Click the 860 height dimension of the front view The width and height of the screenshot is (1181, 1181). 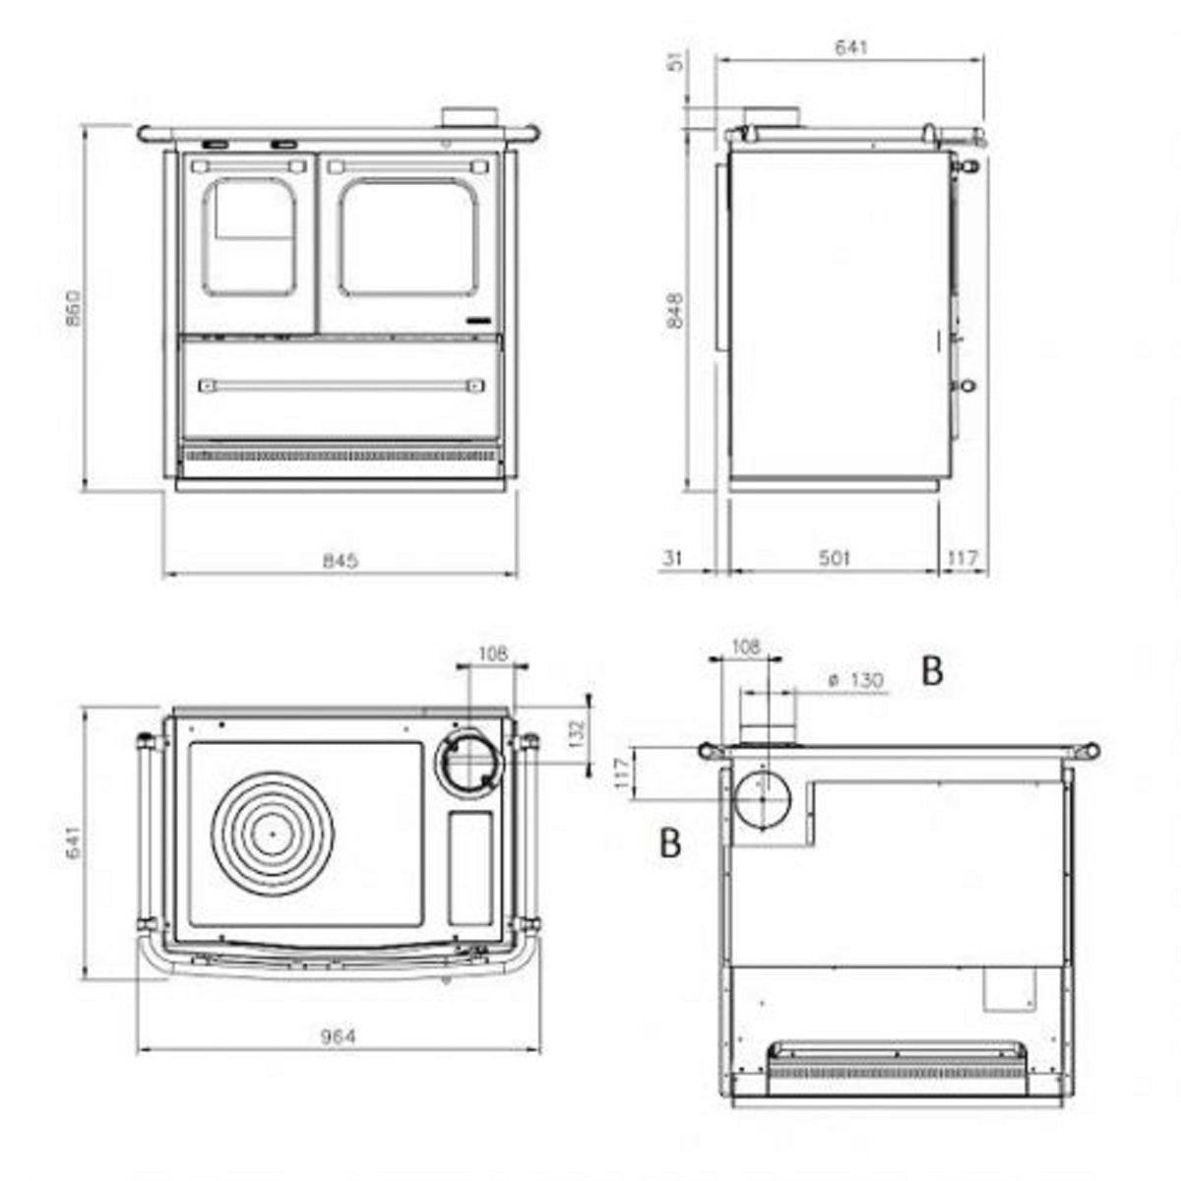pyautogui.click(x=74, y=307)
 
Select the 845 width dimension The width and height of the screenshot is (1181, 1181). pyautogui.click(x=341, y=560)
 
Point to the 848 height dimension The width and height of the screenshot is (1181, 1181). pyautogui.click(x=675, y=310)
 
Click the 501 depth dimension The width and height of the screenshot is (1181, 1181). pyautogui.click(x=835, y=557)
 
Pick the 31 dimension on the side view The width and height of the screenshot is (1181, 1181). pyautogui.click(x=673, y=558)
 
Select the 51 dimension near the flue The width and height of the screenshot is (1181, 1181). pyautogui.click(x=675, y=61)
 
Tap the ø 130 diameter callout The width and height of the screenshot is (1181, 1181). pyautogui.click(x=855, y=680)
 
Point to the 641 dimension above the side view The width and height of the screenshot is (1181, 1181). pyautogui.click(x=852, y=47)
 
